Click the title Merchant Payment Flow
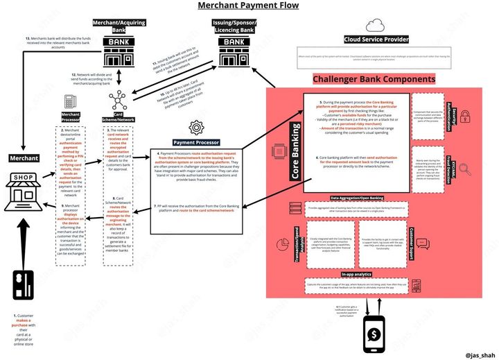[x=249, y=6]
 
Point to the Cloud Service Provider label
[x=376, y=40]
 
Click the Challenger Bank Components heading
[x=374, y=79]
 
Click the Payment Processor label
[x=197, y=142]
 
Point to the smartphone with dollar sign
[x=375, y=334]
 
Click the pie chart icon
[x=283, y=245]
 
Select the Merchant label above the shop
[x=19, y=158]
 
